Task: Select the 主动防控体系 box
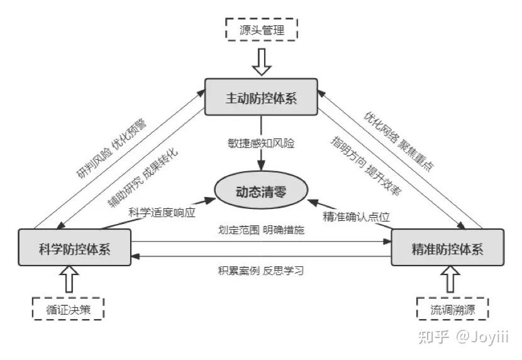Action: tap(261, 97)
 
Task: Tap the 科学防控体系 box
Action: tap(75, 247)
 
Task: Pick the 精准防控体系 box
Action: tap(447, 247)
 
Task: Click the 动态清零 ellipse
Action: tap(261, 190)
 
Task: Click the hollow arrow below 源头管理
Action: tap(262, 62)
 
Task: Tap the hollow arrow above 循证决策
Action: tap(69, 279)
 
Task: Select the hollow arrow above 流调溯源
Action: tap(450, 279)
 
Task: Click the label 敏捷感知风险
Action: tap(262, 143)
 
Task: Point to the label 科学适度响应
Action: tap(162, 213)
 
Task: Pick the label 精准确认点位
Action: tap(356, 217)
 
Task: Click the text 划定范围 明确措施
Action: tap(261, 230)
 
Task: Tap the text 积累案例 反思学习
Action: tap(261, 271)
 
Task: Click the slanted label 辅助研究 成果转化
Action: tap(143, 177)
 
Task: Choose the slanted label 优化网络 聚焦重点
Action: tap(399, 141)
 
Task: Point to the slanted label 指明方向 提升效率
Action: tap(366, 165)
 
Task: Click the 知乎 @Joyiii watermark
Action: tap(463, 337)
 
